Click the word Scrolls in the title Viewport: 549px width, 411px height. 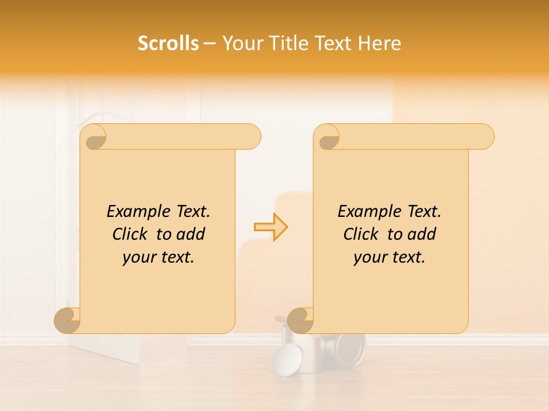tap(168, 43)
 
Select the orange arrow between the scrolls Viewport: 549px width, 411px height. tap(271, 227)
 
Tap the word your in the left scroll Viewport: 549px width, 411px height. tap(138, 257)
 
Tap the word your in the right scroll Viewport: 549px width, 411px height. tap(369, 257)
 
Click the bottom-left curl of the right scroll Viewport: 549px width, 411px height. tap(301, 320)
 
